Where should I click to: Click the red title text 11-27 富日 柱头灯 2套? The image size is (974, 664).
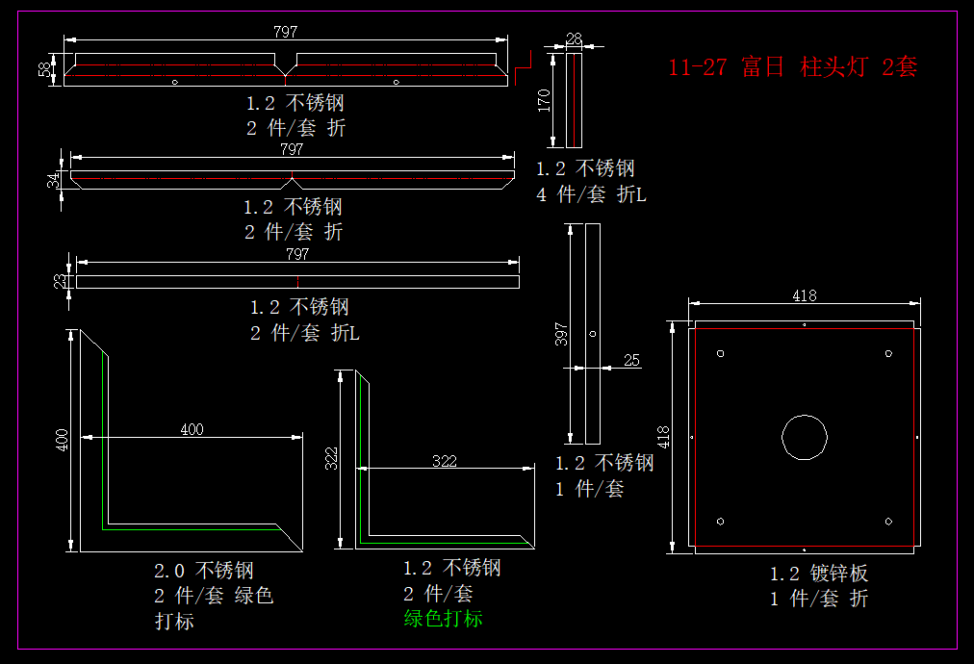pos(792,66)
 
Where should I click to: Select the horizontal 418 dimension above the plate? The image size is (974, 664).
pos(805,296)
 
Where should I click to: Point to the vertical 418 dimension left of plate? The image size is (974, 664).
pos(663,437)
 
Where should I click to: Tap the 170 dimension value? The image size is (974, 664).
pos(545,100)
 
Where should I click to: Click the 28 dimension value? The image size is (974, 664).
pos(575,38)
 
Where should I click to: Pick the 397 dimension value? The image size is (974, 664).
pos(563,333)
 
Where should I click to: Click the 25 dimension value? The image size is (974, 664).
pos(631,360)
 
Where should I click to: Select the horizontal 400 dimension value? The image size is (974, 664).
pos(192,430)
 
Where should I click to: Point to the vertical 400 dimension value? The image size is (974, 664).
pos(62,441)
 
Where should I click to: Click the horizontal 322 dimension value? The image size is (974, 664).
pos(445,462)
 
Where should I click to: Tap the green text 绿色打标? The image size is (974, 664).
pos(443,619)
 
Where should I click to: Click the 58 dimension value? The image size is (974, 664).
pos(44,68)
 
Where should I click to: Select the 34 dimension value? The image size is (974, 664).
pos(54,178)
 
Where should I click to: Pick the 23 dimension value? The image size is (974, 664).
pos(60,281)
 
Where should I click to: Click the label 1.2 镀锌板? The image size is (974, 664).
pos(818,574)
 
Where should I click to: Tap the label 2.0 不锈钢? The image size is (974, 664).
pos(204,571)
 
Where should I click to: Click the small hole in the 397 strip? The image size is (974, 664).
pos(593,334)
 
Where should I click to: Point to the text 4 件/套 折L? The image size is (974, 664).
pos(591,194)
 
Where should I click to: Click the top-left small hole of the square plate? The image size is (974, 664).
pos(721,352)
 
